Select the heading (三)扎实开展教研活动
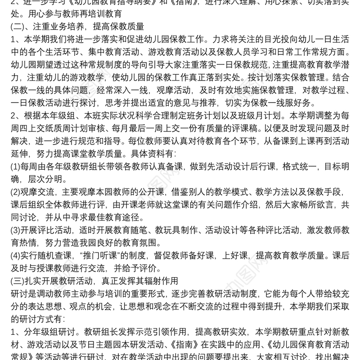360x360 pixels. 67,282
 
